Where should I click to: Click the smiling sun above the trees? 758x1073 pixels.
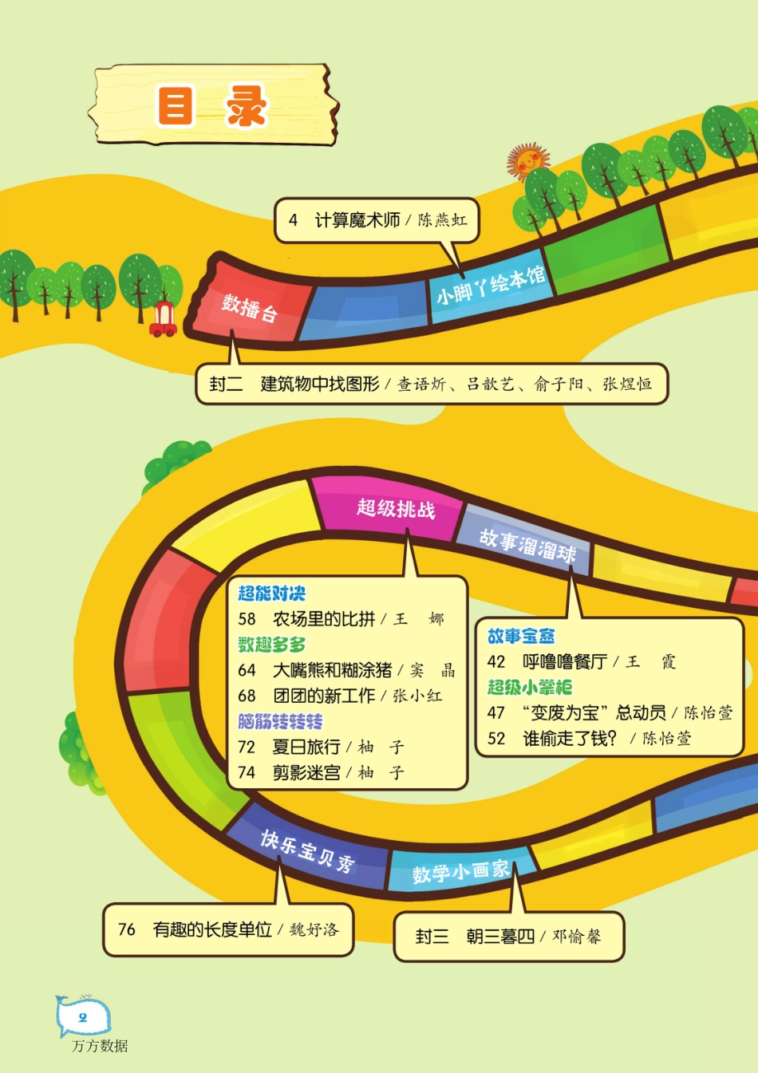(x=527, y=162)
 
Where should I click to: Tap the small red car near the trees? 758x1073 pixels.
(x=163, y=319)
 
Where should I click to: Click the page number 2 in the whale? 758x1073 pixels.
(x=82, y=1017)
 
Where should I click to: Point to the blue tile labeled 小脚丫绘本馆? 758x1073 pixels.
(x=490, y=286)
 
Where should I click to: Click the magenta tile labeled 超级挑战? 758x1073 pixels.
(x=396, y=508)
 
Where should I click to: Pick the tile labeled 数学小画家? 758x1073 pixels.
(x=460, y=872)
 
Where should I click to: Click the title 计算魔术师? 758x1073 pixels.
(x=357, y=219)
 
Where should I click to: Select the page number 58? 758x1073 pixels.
(x=247, y=619)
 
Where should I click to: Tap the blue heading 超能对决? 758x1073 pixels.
(x=271, y=594)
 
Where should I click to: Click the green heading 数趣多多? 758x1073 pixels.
(x=271, y=645)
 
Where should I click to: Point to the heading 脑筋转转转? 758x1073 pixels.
(x=280, y=721)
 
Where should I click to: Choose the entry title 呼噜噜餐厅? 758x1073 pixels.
(x=564, y=661)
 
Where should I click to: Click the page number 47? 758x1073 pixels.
(x=495, y=712)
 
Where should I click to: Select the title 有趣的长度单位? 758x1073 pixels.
(x=212, y=929)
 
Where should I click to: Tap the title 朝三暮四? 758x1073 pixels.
(x=500, y=937)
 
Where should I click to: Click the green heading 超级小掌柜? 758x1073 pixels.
(x=530, y=687)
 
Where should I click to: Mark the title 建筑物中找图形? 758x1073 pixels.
(x=320, y=384)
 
